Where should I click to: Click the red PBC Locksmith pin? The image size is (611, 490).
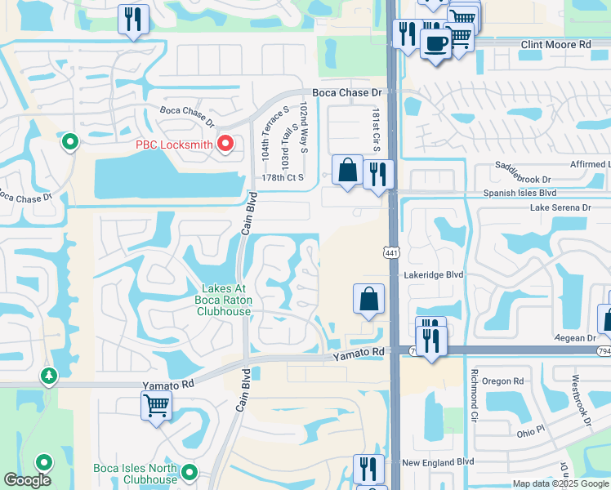226,145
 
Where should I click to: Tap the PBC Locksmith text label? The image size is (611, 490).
173,145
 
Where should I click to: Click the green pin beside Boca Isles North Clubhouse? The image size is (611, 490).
190,472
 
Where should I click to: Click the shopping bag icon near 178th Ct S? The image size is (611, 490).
348,171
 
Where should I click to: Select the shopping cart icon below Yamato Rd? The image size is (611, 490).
155,405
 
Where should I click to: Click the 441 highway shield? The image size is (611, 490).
392,254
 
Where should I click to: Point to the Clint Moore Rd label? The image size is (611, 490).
555,45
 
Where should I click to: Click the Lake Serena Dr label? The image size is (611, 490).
560,208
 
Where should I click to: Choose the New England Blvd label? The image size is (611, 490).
438,462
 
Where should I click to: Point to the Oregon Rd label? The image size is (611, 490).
502,381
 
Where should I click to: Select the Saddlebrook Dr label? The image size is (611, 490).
523,172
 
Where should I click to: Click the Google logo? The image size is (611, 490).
27,480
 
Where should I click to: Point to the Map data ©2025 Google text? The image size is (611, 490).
560,484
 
